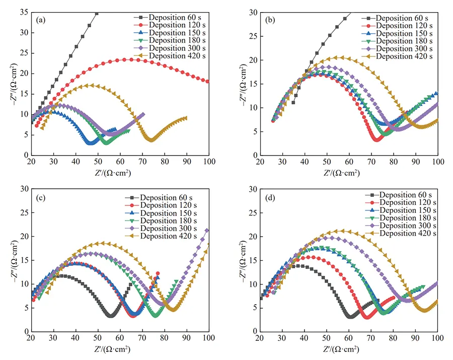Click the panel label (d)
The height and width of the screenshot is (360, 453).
click(x=270, y=197)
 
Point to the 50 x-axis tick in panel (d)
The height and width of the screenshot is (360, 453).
click(x=327, y=338)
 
